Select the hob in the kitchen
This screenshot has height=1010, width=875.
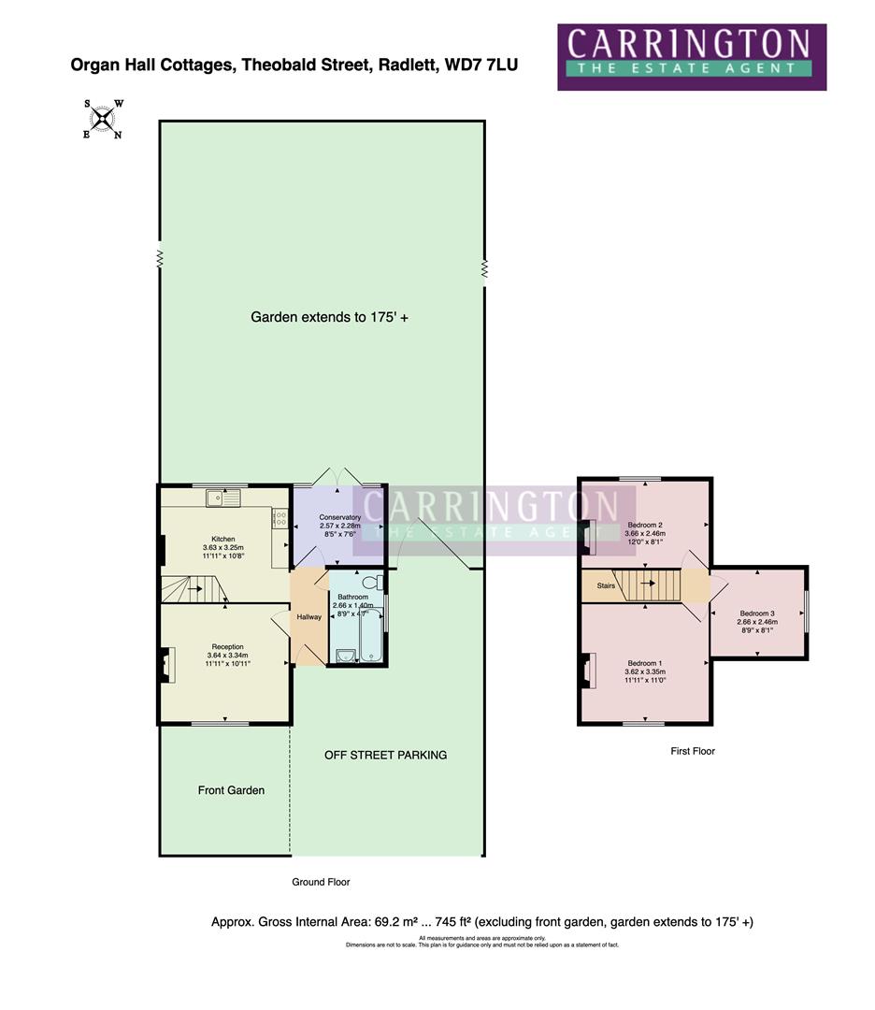(280, 517)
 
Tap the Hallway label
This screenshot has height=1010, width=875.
(308, 617)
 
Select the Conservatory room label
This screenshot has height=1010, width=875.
(339, 517)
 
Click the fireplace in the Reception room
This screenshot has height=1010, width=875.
(166, 666)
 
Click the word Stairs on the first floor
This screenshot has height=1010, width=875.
(606, 586)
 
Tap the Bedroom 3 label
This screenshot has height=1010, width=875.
(758, 613)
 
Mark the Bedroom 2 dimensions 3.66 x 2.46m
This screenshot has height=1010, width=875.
(644, 534)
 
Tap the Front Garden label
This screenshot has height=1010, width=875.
(231, 790)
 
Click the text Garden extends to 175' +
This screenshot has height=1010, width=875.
(329, 317)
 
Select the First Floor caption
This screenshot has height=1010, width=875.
(692, 751)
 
